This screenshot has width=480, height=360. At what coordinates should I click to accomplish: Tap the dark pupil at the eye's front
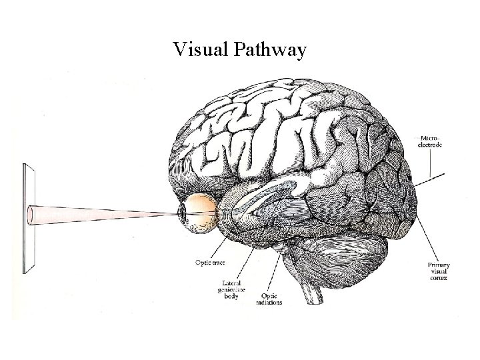181,211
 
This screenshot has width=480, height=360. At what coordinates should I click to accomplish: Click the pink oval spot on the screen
31,214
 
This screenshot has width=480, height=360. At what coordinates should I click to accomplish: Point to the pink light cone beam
107,213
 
